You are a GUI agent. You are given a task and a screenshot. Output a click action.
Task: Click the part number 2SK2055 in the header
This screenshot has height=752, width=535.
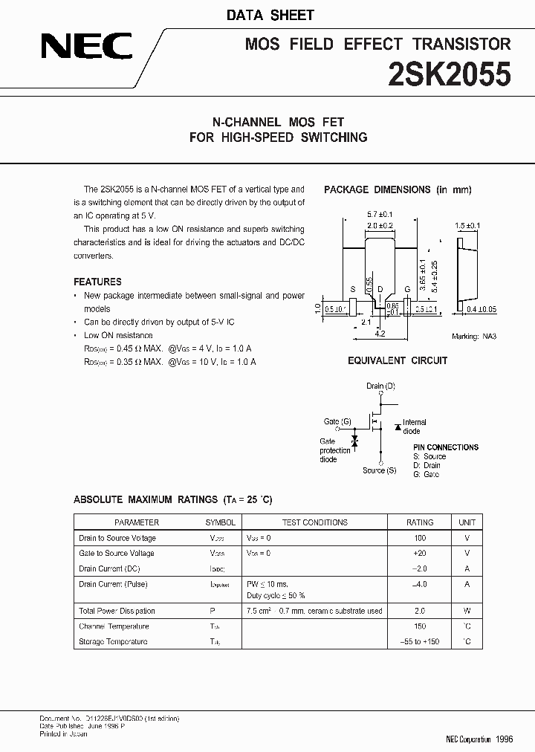click(451, 75)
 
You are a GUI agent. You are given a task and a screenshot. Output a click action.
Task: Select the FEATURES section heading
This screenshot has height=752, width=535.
click(97, 282)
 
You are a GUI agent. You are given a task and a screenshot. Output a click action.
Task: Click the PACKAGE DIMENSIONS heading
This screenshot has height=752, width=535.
click(398, 189)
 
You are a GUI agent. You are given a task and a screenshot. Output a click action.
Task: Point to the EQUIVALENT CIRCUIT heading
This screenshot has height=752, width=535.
click(398, 360)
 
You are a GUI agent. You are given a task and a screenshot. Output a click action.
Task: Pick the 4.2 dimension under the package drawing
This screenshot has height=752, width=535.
click(380, 334)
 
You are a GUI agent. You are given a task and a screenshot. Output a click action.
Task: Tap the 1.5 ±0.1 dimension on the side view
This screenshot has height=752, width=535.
click(468, 225)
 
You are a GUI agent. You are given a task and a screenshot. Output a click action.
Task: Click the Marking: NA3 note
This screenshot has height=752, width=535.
click(474, 337)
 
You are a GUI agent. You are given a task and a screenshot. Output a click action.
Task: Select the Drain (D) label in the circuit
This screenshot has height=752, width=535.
click(380, 386)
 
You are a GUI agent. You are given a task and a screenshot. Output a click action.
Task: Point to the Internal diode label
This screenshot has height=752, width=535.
click(414, 427)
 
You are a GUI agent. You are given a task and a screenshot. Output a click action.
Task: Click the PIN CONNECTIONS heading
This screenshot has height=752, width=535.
click(446, 447)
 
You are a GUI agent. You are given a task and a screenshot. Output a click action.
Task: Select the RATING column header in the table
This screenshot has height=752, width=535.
click(420, 522)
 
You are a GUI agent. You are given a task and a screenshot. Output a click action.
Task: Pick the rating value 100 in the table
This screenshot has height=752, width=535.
click(420, 538)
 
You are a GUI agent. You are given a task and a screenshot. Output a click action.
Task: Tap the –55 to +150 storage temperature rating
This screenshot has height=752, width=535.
click(420, 641)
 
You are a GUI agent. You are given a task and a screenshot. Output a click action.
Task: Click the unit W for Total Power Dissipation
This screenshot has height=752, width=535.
click(467, 611)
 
